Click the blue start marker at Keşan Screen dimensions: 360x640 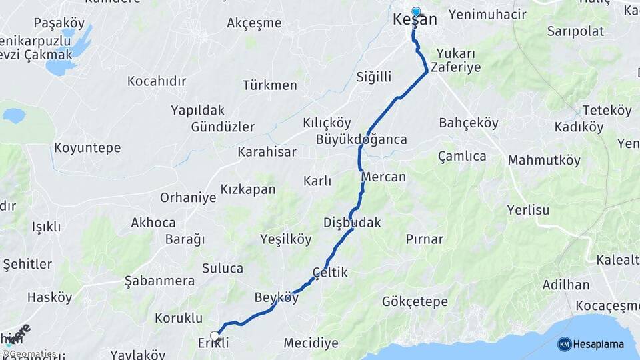click(416, 11)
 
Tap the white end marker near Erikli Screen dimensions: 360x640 click(215, 335)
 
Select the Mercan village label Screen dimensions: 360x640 click(383, 177)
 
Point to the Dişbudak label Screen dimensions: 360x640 click(352, 223)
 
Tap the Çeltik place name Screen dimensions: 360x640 click(330, 273)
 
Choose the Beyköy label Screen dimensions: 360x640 click(277, 297)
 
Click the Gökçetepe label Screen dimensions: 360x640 click(415, 302)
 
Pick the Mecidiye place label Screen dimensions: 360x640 click(311, 343)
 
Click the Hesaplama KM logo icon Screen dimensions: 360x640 click(564, 344)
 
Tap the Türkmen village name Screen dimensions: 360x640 click(270, 85)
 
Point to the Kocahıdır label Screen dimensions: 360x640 click(157, 81)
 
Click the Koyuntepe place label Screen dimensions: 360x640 click(87, 148)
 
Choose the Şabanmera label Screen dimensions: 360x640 click(159, 281)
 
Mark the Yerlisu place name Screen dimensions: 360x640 click(528, 210)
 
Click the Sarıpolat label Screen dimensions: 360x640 click(575, 31)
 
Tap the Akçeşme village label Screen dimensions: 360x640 click(254, 23)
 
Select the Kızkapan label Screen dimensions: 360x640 click(248, 189)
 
